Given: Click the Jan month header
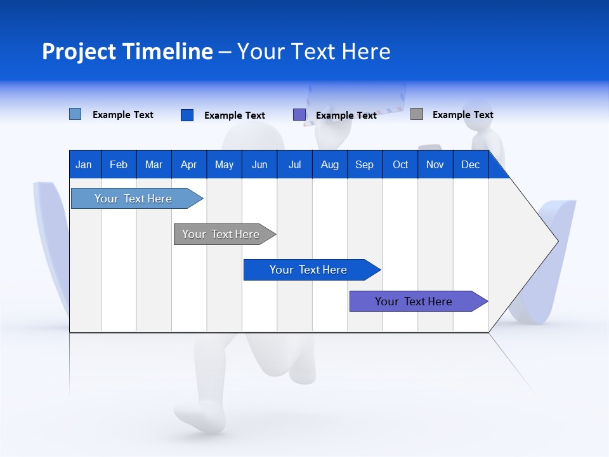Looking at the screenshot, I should click(x=84, y=164).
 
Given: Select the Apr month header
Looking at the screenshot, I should click(x=188, y=164).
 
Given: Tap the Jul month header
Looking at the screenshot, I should click(x=294, y=164).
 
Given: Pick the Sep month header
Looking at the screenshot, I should click(x=364, y=164).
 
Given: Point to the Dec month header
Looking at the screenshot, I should click(x=470, y=164).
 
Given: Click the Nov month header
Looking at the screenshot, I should click(x=435, y=164).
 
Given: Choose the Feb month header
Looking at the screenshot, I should click(x=119, y=164).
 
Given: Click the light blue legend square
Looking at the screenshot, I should click(x=75, y=114).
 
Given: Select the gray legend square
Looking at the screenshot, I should click(x=416, y=114).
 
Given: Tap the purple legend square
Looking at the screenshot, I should click(x=299, y=115).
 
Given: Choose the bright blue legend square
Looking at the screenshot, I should click(x=187, y=115).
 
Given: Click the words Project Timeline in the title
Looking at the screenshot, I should click(x=127, y=51).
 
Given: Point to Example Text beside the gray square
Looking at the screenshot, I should click(x=462, y=115).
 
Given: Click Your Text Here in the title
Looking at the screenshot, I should click(x=313, y=51).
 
